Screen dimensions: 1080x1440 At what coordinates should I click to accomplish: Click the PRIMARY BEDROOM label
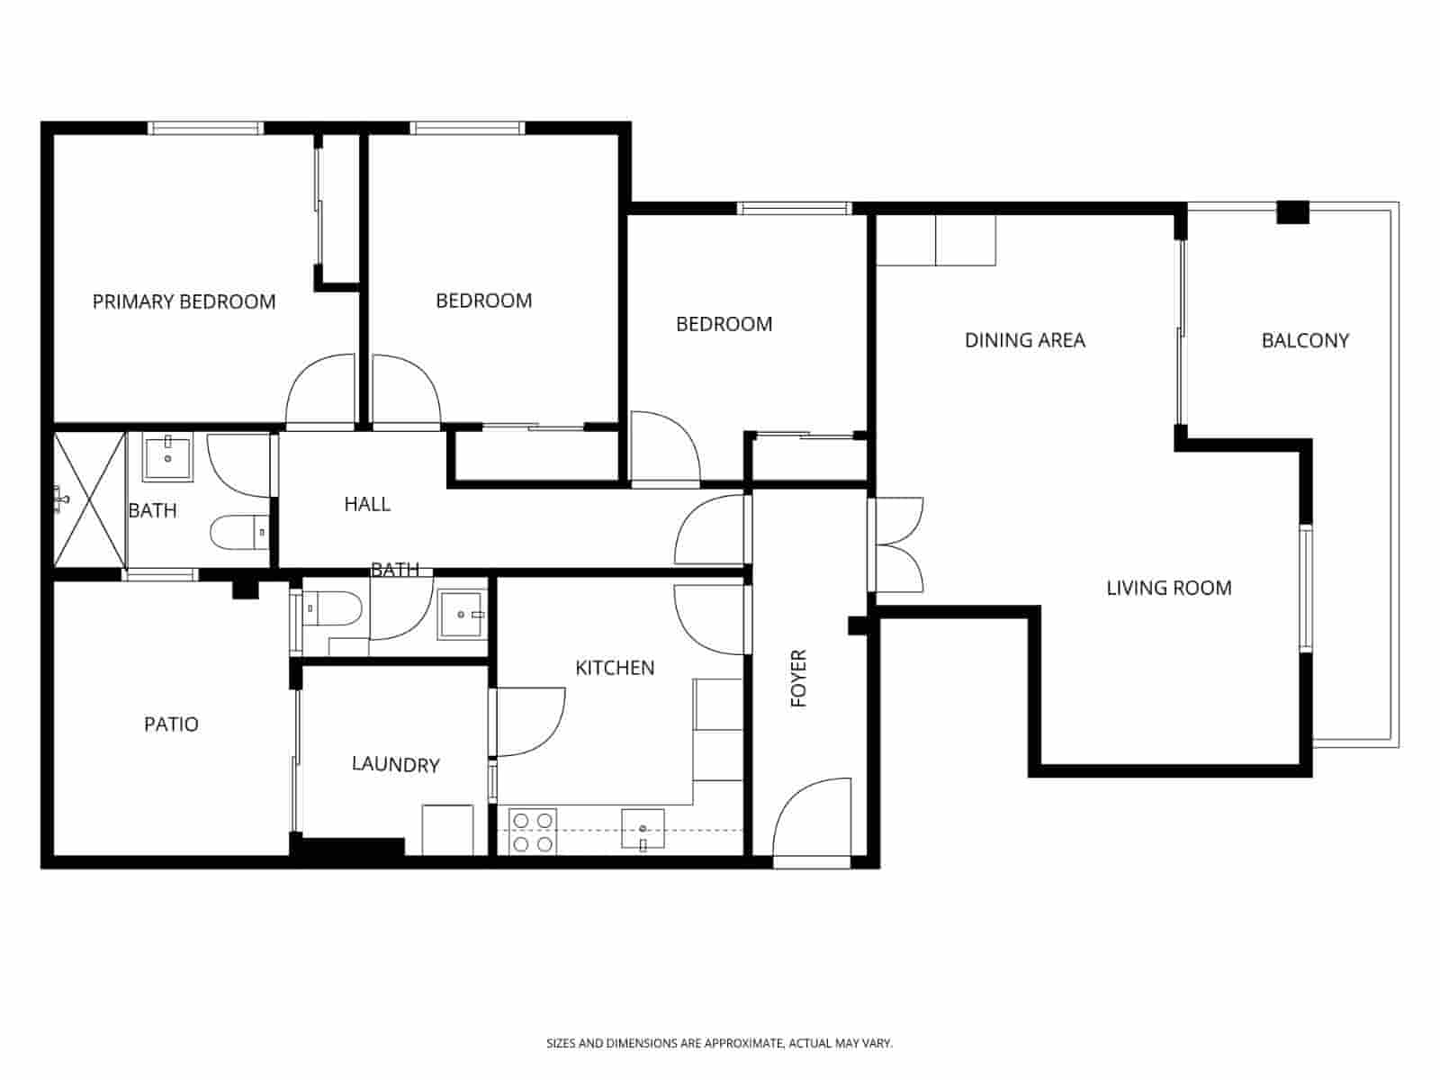pyautogui.click(x=184, y=301)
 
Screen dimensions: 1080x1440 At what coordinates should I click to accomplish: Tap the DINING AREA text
pyautogui.click(x=1024, y=340)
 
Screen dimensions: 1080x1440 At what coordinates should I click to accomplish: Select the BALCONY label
pyautogui.click(x=1305, y=340)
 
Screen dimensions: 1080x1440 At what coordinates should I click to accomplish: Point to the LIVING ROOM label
pyautogui.click(x=1168, y=588)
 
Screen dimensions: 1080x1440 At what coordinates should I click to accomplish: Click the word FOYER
pyautogui.click(x=798, y=678)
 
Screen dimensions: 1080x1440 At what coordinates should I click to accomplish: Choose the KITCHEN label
pyautogui.click(x=615, y=668)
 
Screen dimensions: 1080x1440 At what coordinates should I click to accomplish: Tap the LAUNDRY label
pyautogui.click(x=395, y=765)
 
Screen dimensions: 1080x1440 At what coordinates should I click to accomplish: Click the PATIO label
pyautogui.click(x=171, y=724)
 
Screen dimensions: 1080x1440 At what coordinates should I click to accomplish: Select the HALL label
pyautogui.click(x=367, y=504)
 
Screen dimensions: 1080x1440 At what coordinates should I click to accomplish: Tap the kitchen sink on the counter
pyautogui.click(x=643, y=829)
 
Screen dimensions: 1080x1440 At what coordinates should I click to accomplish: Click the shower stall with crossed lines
pyautogui.click(x=89, y=499)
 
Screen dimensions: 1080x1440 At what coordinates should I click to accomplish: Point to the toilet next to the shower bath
pyautogui.click(x=239, y=533)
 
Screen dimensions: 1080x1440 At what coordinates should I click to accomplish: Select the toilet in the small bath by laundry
pyautogui.click(x=332, y=609)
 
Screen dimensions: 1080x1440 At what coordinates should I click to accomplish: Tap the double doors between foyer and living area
pyautogui.click(x=898, y=544)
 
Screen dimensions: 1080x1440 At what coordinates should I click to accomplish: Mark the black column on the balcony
pyautogui.click(x=1292, y=211)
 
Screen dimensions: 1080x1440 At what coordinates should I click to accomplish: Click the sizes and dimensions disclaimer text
pyautogui.click(x=719, y=1044)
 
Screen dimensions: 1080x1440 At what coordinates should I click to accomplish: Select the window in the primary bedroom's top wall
pyautogui.click(x=206, y=128)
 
